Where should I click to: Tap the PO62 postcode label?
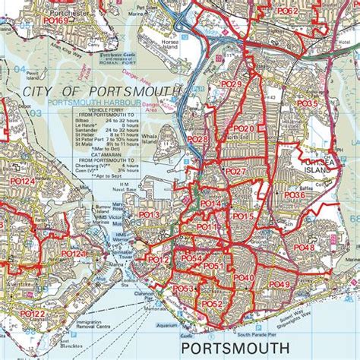[x=286, y=11]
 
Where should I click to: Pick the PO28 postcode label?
[x=197, y=140]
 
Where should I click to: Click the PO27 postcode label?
[x=236, y=172]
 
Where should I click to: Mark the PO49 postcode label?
[x=279, y=284]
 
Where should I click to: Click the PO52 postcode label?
[x=212, y=304]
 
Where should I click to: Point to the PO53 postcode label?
[x=183, y=289]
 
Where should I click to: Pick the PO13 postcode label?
[x=149, y=215]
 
